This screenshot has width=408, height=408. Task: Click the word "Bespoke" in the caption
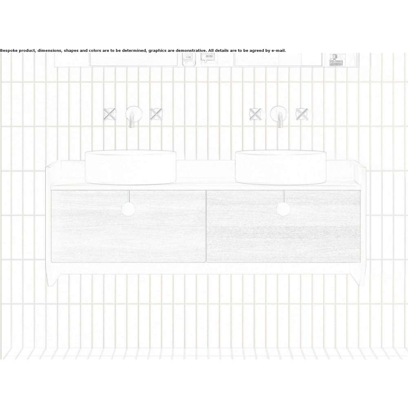point(9,51)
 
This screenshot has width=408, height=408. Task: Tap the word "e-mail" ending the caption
point(278,51)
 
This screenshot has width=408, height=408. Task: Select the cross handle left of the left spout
point(109,114)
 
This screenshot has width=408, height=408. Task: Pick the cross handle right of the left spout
point(156,114)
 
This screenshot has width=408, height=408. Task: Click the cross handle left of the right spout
point(255,114)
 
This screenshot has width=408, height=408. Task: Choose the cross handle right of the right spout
point(302,114)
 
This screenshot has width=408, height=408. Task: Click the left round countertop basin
point(131,167)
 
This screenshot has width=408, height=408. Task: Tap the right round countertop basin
point(281,167)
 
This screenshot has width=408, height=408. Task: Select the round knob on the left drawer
point(128,209)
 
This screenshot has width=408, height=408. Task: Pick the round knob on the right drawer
point(283,209)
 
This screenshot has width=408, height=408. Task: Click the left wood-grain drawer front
point(129,226)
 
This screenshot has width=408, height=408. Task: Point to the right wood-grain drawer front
point(284,226)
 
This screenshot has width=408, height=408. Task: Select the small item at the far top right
point(337,60)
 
